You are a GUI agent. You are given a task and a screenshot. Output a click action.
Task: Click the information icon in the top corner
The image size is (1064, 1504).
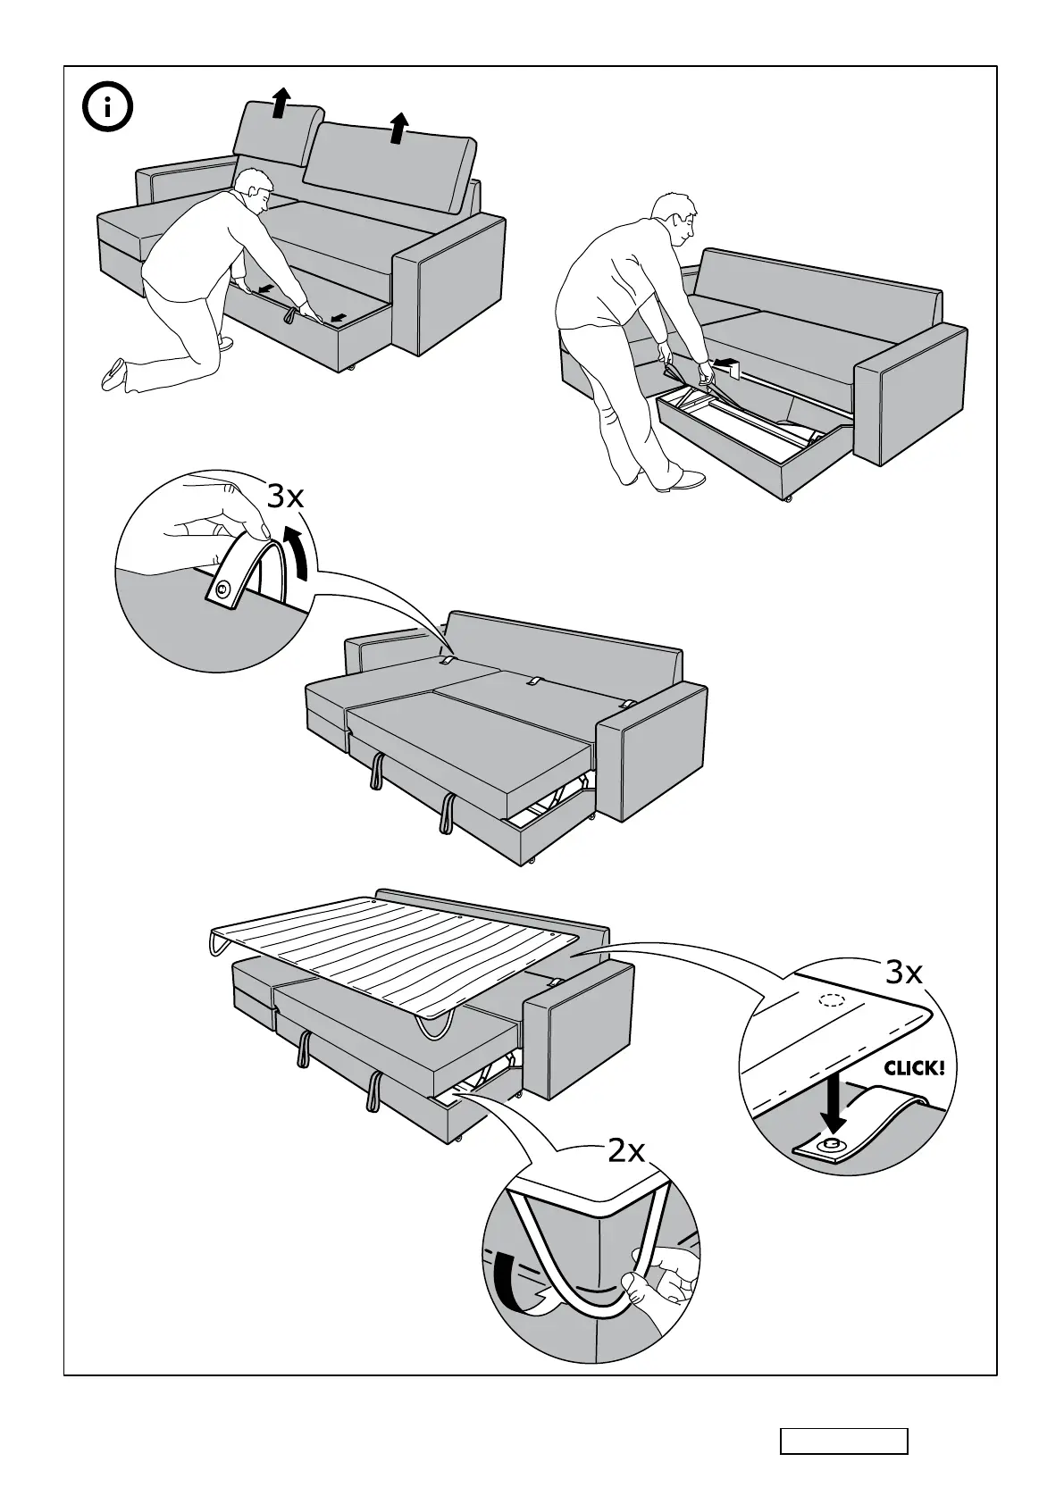click(107, 109)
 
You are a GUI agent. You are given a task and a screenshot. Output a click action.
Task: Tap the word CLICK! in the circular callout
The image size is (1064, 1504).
click(914, 1067)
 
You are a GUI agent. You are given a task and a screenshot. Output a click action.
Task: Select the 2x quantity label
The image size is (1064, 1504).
click(626, 1151)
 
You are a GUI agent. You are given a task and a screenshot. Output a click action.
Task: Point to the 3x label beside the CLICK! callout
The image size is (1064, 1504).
click(904, 972)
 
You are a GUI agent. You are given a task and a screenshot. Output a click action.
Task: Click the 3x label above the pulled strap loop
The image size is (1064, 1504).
click(286, 496)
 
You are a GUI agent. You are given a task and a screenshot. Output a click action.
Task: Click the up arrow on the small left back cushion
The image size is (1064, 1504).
click(281, 103)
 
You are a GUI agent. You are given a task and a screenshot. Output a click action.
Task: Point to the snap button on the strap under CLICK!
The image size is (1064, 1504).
click(834, 1143)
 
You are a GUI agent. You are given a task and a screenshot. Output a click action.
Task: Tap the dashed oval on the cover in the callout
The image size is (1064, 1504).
click(832, 1000)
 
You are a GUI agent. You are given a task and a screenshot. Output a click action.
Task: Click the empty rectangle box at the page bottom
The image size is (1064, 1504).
click(843, 1441)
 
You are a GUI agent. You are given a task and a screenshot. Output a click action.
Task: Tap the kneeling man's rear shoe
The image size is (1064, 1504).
click(114, 372)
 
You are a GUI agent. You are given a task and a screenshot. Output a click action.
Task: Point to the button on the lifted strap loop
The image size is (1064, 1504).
click(222, 588)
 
